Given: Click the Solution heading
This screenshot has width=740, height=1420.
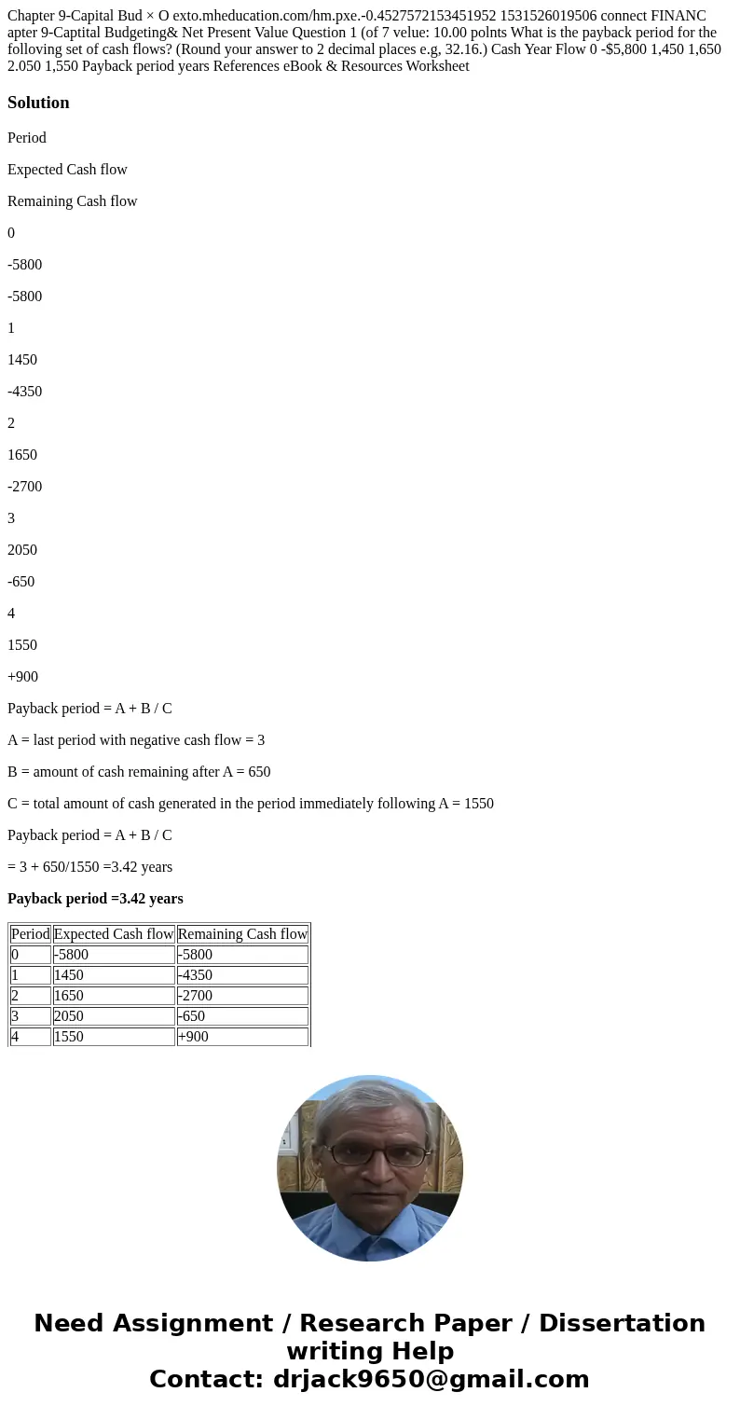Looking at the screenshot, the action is [38, 103].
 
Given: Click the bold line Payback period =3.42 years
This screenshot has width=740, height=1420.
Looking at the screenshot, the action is [95, 899].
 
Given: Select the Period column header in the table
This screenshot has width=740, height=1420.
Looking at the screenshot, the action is [31, 934].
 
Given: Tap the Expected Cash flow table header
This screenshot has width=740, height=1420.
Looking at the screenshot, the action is [114, 934].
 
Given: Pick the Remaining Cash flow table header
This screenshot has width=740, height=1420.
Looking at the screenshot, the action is [242, 934].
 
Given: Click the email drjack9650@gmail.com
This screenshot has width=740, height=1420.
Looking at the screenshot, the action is [431, 1380].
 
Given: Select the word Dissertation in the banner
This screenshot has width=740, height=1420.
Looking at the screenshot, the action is [622, 1324].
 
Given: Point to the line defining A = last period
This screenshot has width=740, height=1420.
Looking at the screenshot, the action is [136, 740].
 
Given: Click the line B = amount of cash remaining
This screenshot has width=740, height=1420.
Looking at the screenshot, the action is [139, 772].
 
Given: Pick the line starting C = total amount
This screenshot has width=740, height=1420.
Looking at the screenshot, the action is [251, 804].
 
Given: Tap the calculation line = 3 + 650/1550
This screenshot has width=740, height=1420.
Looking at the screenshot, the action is [89, 867].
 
